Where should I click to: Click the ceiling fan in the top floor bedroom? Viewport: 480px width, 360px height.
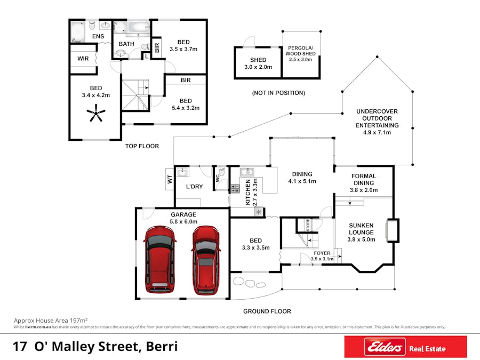[97, 114]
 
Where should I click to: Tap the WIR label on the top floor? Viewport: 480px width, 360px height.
[83, 59]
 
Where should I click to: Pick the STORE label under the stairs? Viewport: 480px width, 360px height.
[307, 225]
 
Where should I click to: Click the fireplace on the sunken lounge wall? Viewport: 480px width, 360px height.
[393, 230]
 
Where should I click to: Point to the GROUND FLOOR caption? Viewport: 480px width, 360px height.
[267, 311]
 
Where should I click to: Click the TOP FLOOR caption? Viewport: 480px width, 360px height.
[142, 146]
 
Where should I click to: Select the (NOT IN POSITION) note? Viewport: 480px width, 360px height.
[278, 93]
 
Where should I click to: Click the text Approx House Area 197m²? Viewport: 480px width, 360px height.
[50, 321]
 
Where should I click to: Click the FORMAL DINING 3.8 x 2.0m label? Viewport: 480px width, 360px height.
[364, 183]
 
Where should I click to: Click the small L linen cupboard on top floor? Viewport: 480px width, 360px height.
[147, 55]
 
